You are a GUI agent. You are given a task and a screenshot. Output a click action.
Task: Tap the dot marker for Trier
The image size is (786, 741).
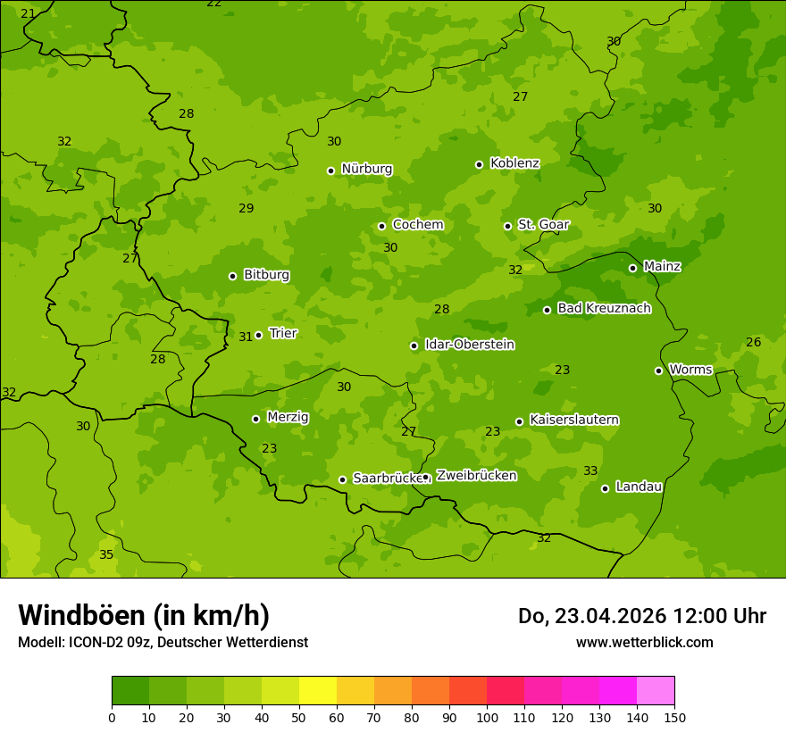(x=259, y=335)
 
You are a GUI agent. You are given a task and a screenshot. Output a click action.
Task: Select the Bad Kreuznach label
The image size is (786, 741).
(x=604, y=308)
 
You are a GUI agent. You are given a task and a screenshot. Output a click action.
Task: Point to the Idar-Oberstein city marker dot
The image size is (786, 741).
(x=414, y=346)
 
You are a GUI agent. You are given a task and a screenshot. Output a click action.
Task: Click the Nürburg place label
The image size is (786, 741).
(x=366, y=169)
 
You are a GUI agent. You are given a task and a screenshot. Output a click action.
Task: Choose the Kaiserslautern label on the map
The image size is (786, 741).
(x=574, y=420)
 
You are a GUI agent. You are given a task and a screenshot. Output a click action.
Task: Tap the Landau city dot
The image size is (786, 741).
(x=605, y=488)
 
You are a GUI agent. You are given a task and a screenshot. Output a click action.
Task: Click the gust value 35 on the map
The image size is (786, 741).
(x=106, y=554)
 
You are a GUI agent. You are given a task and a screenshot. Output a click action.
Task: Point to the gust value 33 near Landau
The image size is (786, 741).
(x=590, y=470)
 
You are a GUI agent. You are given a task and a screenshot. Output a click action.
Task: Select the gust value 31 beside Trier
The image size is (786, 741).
(x=246, y=337)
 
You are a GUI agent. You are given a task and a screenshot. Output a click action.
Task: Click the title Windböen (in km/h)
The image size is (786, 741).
(x=144, y=615)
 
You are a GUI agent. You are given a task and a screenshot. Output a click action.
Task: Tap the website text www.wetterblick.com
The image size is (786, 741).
(x=644, y=642)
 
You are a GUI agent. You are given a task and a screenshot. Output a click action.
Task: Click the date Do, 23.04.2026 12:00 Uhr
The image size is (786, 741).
(x=641, y=616)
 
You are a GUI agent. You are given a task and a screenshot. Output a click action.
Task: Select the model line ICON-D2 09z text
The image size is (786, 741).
(x=163, y=642)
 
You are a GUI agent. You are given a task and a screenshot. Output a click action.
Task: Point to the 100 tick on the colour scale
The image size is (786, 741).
(x=487, y=716)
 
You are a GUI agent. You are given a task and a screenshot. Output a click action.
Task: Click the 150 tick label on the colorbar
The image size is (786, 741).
(x=674, y=716)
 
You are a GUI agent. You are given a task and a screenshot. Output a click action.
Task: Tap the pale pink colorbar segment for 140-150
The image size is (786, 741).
(x=656, y=691)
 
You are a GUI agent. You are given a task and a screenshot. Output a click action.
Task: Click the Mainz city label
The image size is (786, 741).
(x=662, y=266)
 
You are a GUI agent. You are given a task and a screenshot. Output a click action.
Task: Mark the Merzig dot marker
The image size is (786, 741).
(x=255, y=419)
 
